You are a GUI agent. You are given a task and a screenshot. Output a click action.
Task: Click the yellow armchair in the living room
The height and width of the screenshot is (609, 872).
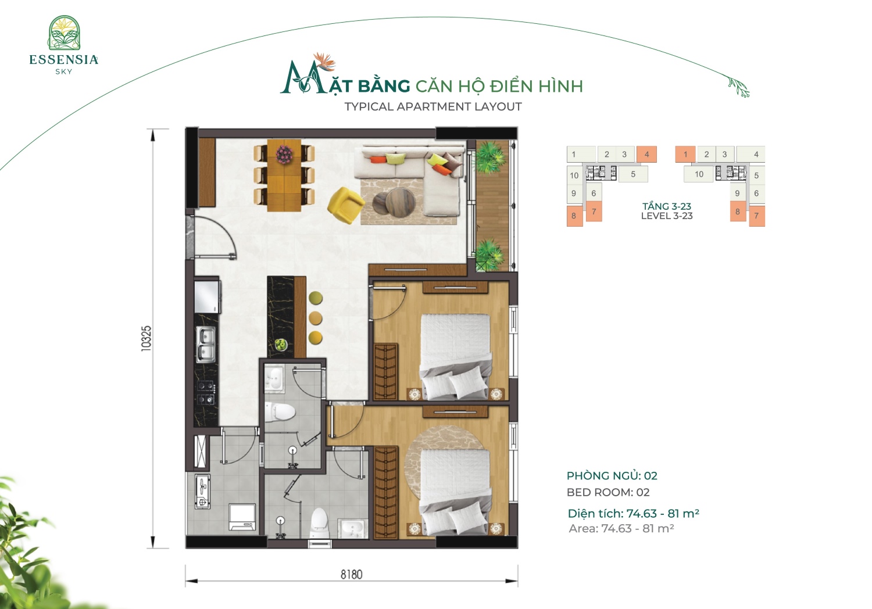[x=346, y=205]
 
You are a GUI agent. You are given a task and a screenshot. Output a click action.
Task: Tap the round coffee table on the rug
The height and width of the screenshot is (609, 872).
[x=400, y=202]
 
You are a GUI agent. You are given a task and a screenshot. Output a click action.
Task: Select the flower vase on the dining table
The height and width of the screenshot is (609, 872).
[x=285, y=154]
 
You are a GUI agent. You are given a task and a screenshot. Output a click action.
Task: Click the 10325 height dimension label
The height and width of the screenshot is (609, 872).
[x=146, y=339]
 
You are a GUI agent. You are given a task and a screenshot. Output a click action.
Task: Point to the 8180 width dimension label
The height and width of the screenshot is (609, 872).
[x=352, y=574]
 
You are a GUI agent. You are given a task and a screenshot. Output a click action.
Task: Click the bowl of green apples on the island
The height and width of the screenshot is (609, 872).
[x=281, y=345]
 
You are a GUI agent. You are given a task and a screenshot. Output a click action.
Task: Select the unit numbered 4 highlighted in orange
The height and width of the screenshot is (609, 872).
[x=646, y=154]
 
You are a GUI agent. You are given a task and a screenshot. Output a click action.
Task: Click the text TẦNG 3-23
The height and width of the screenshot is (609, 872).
[x=666, y=206]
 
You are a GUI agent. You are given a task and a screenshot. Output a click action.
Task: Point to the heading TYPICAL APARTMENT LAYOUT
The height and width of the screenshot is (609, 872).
[x=433, y=106]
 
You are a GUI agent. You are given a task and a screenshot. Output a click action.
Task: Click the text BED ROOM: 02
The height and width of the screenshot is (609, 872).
[x=608, y=492]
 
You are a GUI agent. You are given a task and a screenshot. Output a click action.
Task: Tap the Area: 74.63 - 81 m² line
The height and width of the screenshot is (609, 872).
[x=621, y=528]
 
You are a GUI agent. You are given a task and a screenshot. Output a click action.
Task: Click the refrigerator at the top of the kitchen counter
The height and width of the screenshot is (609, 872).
[x=207, y=296]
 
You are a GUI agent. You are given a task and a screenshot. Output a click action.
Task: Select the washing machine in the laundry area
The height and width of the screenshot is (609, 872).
[x=242, y=517]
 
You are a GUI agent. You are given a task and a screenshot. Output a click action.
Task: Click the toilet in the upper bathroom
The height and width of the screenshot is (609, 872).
[x=280, y=411]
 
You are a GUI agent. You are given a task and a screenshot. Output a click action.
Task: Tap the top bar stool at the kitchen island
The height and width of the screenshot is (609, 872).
[x=316, y=298]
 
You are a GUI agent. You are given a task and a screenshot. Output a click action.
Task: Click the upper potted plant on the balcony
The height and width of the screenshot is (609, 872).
[x=489, y=156]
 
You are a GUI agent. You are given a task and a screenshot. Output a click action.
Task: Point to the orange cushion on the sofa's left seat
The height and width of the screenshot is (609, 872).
[x=378, y=160]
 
